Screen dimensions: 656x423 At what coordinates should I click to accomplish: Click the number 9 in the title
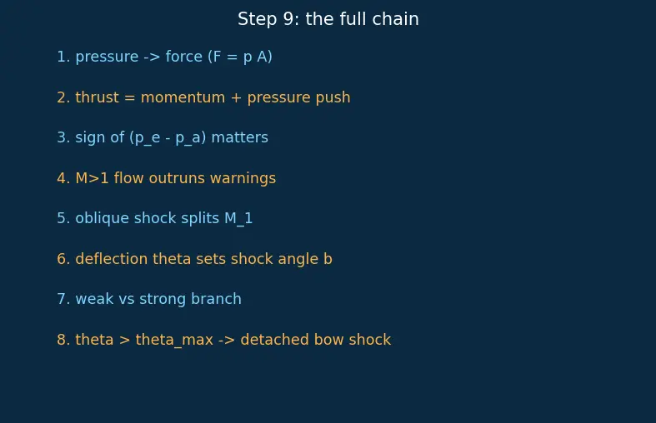pyautogui.click(x=288, y=19)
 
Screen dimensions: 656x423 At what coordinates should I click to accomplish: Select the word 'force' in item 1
pyautogui.click(x=184, y=57)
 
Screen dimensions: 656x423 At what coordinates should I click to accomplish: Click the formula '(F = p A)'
pyautogui.click(x=240, y=57)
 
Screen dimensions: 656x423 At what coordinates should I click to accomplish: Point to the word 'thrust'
pyautogui.click(x=97, y=97)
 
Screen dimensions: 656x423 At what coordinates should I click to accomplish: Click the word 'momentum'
pyautogui.click(x=183, y=97)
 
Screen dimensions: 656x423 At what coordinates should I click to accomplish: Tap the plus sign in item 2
pyautogui.click(x=237, y=97)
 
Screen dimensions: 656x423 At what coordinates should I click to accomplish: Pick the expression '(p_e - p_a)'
pyautogui.click(x=168, y=138)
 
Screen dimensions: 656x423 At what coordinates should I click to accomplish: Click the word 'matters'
pyautogui.click(x=240, y=137)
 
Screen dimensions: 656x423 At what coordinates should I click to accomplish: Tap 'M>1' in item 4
pyautogui.click(x=92, y=178)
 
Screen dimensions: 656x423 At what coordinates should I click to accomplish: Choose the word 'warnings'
pyautogui.click(x=243, y=178)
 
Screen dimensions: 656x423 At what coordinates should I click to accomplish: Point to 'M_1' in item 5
pyautogui.click(x=238, y=219)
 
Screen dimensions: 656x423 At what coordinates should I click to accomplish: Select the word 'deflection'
pyautogui.click(x=112, y=259)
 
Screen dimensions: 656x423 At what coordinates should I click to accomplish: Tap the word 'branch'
pyautogui.click(x=216, y=299)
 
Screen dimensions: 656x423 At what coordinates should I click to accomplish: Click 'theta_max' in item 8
pyautogui.click(x=174, y=340)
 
